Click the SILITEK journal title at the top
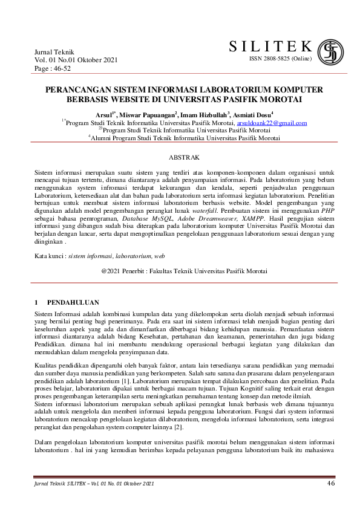click(x=270, y=47)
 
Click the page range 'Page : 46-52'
click(x=53, y=70)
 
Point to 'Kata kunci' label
click(x=50, y=257)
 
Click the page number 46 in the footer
click(x=330, y=483)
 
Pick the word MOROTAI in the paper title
click(x=280, y=99)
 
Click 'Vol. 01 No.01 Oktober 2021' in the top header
click(x=76, y=61)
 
